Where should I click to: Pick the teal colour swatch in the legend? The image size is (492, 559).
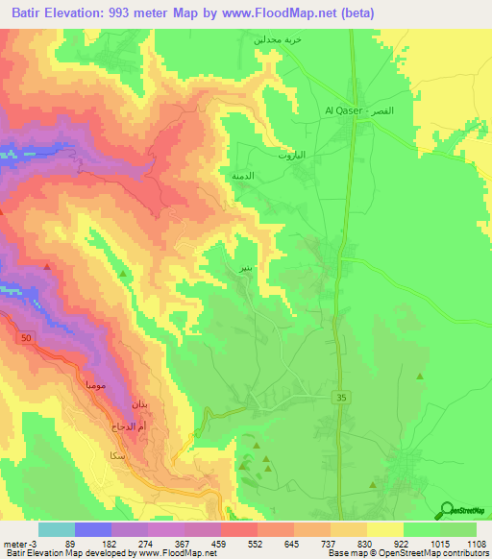pos(56,529)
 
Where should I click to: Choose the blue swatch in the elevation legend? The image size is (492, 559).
pos(92,529)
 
